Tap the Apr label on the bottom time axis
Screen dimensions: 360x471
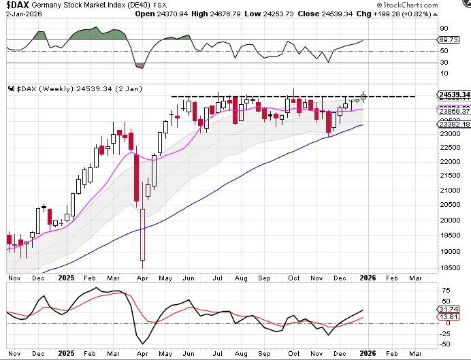[x=141, y=278]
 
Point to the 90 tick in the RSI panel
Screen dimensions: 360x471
[x=443, y=28]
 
